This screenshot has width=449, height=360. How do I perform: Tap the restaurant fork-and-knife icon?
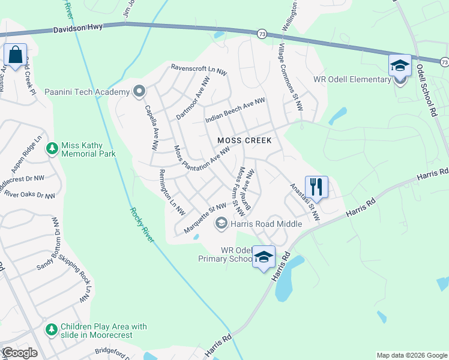click(316, 187)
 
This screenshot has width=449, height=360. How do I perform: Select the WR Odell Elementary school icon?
click(400, 65)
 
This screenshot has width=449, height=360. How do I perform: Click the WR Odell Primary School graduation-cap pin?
click(264, 257)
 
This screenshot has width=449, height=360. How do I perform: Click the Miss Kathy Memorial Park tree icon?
click(52, 148)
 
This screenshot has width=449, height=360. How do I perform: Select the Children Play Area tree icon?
click(52, 329)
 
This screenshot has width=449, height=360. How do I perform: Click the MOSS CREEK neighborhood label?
click(244, 140)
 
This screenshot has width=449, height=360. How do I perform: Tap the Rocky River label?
click(142, 225)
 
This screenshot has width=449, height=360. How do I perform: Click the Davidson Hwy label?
click(77, 28)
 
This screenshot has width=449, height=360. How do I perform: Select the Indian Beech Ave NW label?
click(235, 111)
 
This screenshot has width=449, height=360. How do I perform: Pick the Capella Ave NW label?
click(152, 127)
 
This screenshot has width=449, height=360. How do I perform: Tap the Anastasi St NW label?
click(306, 201)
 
